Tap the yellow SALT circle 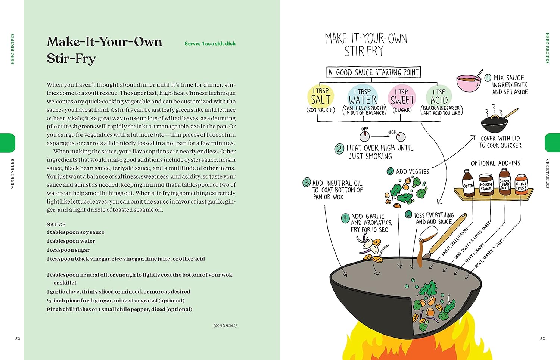click(x=321, y=96)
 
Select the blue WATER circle click(x=363, y=96)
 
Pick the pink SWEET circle click(x=402, y=96)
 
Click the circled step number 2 click(x=339, y=149)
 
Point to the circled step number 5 click(x=390, y=171)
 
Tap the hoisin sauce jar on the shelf click(x=486, y=184)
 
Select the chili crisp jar click(x=521, y=184)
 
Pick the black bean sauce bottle click(x=504, y=181)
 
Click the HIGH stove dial click(x=401, y=137)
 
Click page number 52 click(x=18, y=339)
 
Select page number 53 click(x=542, y=339)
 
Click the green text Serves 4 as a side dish click(x=210, y=44)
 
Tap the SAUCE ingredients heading click(x=56, y=224)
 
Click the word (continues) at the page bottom click(x=225, y=325)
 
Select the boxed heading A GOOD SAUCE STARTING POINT click(x=374, y=72)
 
